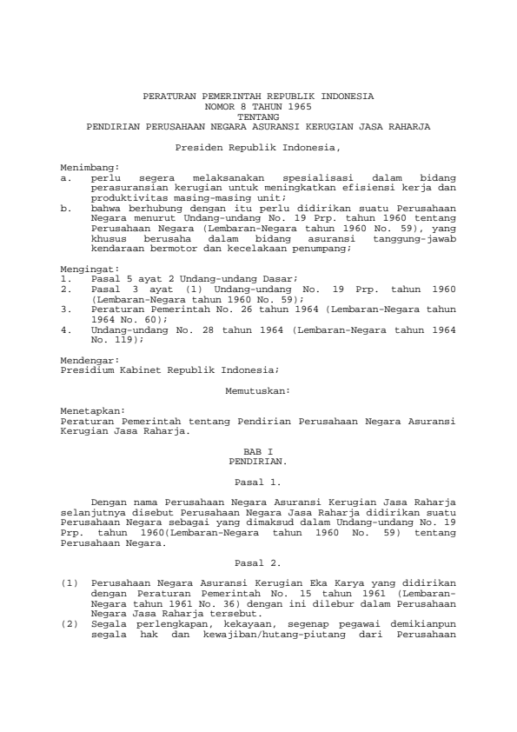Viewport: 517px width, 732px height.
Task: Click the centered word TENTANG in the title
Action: pos(258,116)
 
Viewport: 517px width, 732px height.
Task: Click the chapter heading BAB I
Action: pos(258,452)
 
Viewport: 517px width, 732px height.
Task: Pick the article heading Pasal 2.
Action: pos(258,562)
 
